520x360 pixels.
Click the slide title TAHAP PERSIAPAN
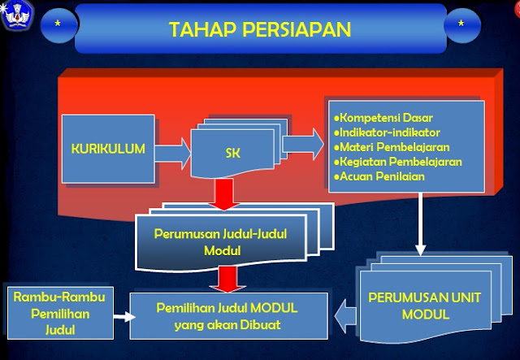coord(259,29)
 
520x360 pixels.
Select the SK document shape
coord(233,152)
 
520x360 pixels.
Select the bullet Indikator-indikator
coord(384,131)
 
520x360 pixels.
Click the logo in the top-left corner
coord(15,15)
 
